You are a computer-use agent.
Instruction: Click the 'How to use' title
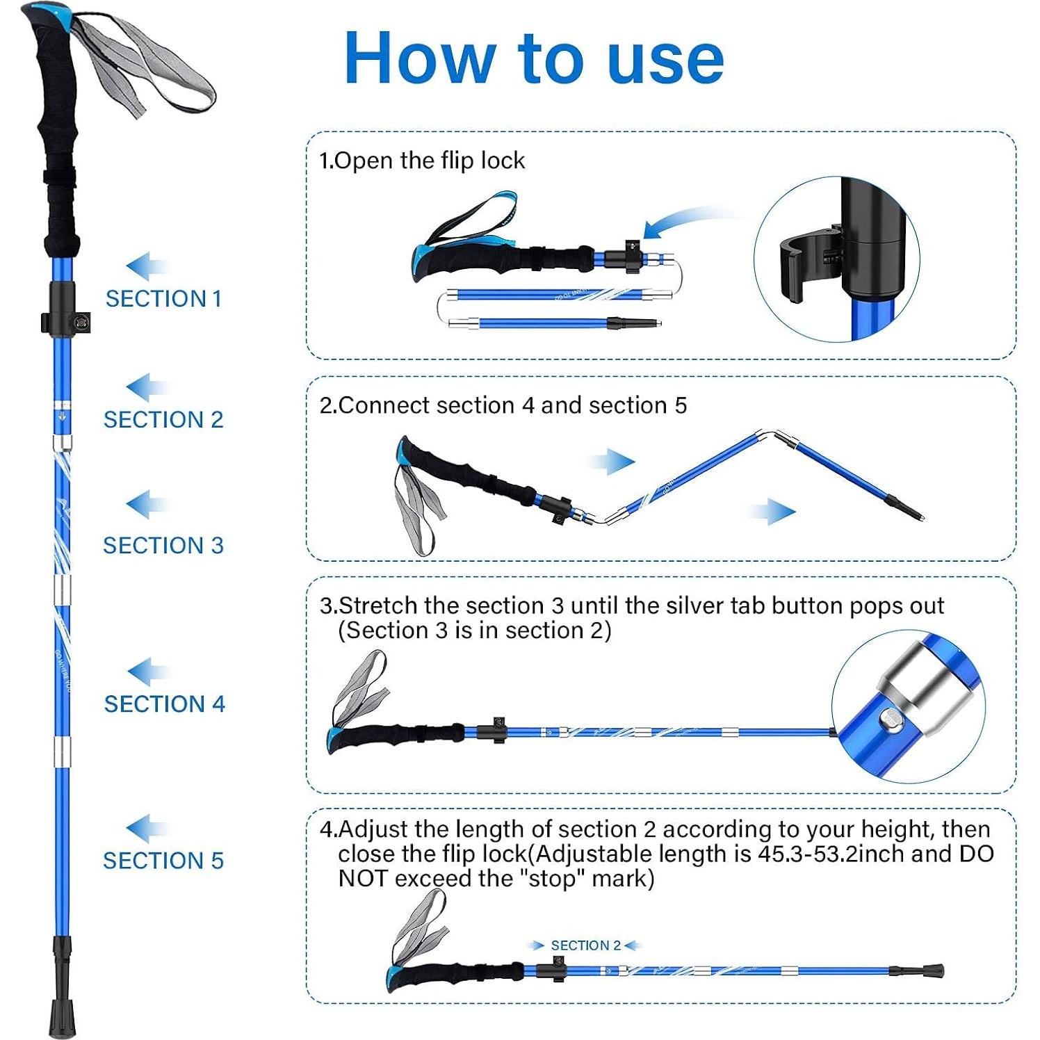coord(534,58)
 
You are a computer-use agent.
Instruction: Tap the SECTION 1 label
coord(163,299)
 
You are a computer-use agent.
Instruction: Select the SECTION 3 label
coord(163,546)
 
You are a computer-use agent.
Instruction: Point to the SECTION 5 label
coord(163,861)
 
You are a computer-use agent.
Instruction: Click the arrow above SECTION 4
coord(148,672)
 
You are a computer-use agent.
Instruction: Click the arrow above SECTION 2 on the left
coord(147,388)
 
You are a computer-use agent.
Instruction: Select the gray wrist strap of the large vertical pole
coord(143,63)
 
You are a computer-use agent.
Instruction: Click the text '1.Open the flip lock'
coord(422,161)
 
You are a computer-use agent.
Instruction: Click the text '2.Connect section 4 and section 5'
coord(503,405)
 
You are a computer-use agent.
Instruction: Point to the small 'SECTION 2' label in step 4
coord(585,945)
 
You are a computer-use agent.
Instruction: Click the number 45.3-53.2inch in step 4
coord(807,854)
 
